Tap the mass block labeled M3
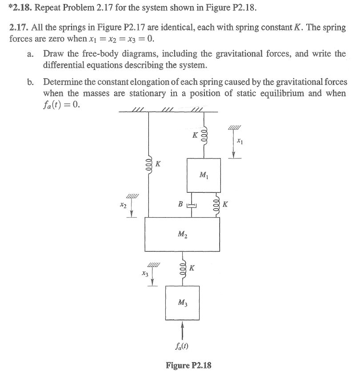point(182,303)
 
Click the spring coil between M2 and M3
point(182,268)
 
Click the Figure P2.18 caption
point(188,365)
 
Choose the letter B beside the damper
point(180,205)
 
